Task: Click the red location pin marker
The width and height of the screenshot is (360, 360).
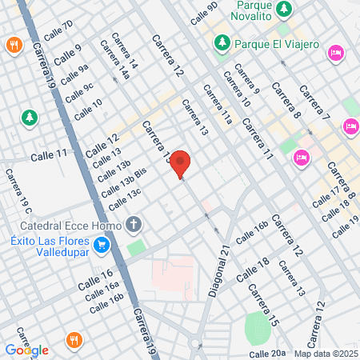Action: (181, 163)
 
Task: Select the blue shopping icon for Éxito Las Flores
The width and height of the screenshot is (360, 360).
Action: (101, 245)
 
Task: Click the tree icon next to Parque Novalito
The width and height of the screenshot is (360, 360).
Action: (285, 9)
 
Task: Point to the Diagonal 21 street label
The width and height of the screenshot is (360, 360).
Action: (220, 272)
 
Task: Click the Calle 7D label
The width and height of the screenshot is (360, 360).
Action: (58, 31)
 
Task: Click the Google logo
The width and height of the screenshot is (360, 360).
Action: (26, 350)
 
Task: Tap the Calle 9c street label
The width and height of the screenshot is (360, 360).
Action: (78, 92)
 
